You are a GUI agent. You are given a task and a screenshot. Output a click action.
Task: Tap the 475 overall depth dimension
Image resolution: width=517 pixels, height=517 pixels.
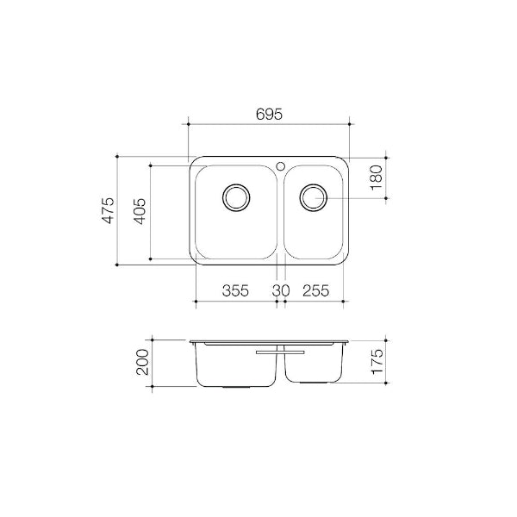(x=108, y=210)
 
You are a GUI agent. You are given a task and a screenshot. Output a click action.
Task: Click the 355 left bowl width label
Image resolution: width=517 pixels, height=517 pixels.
(x=235, y=290)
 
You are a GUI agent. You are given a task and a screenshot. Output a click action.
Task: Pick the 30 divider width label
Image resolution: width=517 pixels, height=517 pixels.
(x=280, y=290)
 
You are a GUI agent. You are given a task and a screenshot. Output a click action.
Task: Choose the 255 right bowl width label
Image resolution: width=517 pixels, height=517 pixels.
(x=315, y=290)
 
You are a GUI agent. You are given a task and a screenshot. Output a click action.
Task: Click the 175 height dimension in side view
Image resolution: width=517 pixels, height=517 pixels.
(x=375, y=359)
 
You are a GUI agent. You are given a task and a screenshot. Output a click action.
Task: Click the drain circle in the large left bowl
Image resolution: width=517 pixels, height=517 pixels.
(x=235, y=197)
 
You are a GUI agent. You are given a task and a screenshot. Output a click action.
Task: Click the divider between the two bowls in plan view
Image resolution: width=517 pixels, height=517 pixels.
(x=280, y=215)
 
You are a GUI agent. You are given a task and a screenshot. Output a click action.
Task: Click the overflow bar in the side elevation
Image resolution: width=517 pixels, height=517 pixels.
(x=280, y=352)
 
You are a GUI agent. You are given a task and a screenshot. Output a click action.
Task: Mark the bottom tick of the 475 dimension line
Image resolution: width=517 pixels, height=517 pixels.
(x=117, y=265)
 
